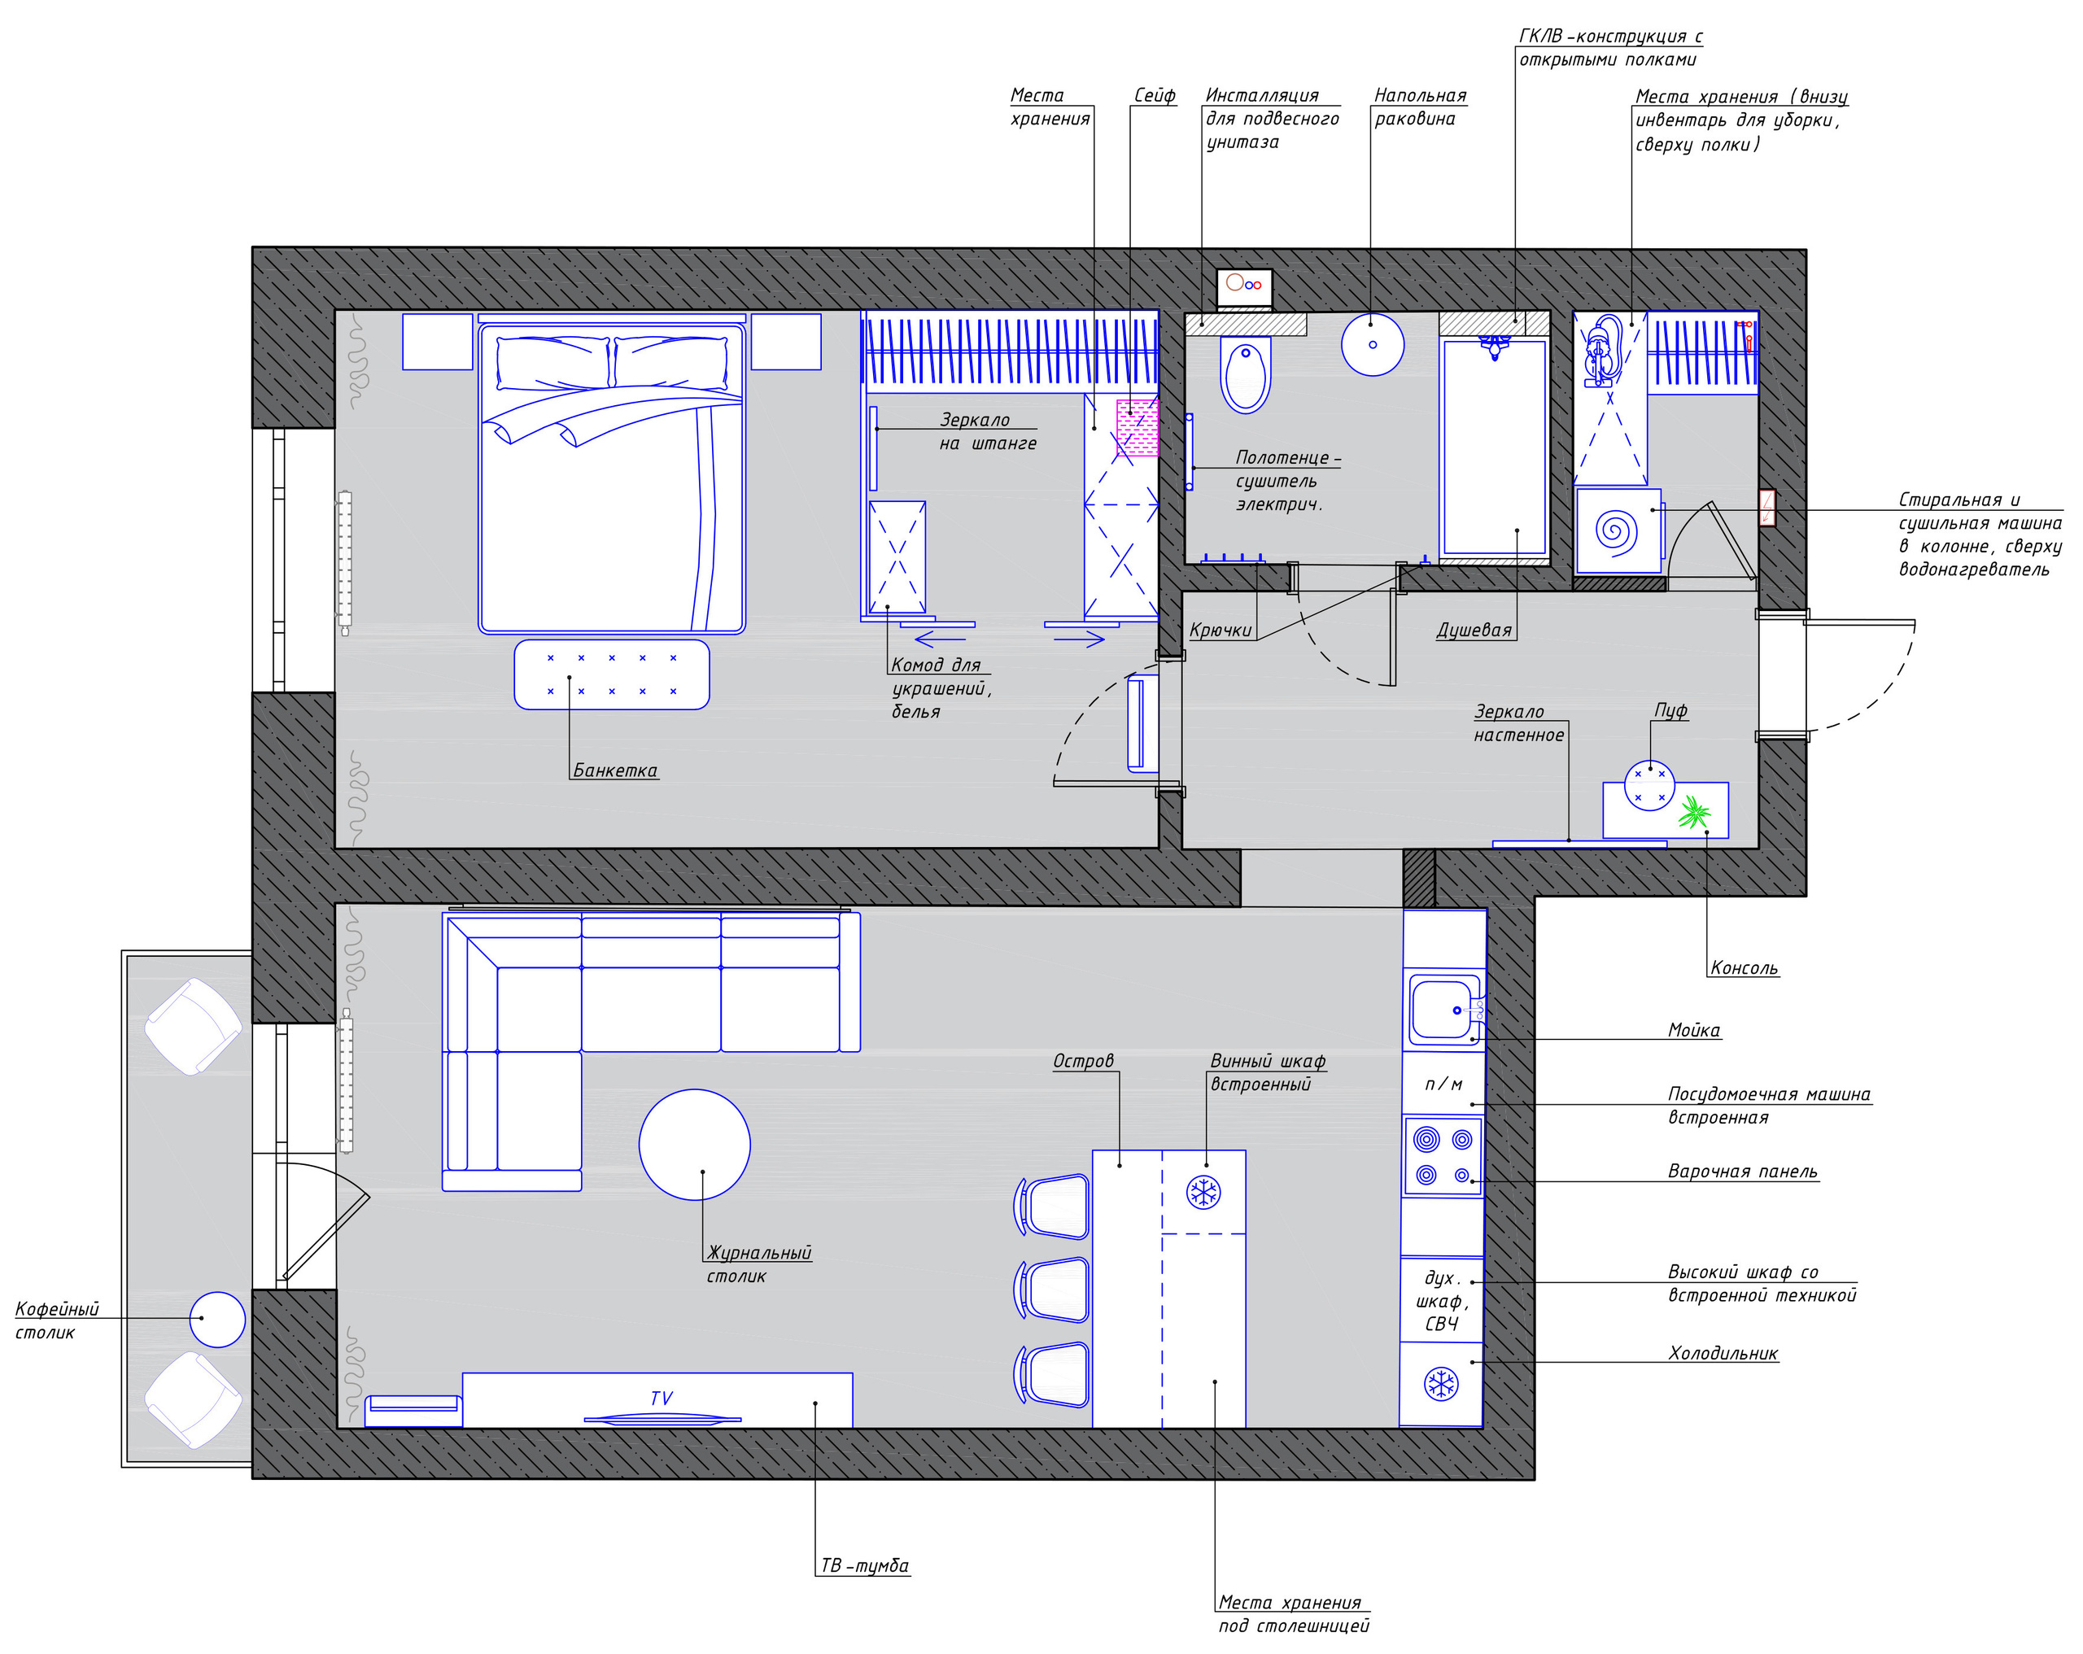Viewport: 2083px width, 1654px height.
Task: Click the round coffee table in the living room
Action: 695,1145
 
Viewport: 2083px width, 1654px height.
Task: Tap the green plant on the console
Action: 1693,812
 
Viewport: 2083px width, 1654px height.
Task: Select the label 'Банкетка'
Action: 615,770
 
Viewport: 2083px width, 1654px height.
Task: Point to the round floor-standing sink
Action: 1373,344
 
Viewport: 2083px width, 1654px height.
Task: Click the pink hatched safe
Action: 1138,428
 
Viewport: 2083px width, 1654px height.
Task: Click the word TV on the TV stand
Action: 662,1398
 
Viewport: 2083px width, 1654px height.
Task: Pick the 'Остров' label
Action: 1083,1061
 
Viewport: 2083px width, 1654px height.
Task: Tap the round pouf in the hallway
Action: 1649,785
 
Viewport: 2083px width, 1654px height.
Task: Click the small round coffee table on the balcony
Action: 217,1319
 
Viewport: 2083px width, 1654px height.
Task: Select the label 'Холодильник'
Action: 1723,1354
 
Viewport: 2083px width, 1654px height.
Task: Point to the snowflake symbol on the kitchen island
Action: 1203,1191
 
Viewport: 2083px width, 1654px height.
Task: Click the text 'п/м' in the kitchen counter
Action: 1443,1084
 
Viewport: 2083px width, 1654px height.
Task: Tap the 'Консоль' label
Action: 1744,968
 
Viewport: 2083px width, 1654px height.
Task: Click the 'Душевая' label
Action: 1474,630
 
